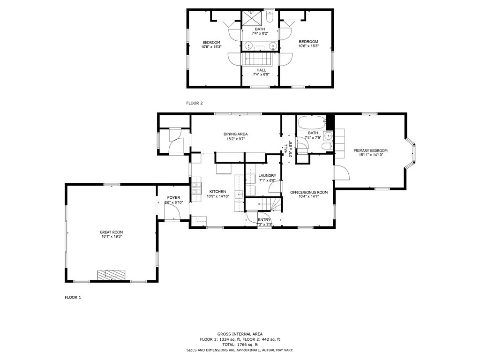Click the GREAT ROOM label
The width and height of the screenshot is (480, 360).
click(111, 232)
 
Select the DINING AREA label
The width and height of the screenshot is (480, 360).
click(235, 134)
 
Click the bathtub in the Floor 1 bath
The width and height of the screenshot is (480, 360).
click(312, 123)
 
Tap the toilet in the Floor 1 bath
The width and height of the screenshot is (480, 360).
click(327, 147)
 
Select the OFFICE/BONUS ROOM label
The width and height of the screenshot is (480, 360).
click(309, 193)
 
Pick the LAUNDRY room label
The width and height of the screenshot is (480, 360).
click(267, 176)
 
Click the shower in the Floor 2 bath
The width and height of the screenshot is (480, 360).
click(253, 19)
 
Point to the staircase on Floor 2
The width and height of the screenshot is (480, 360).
click(260, 59)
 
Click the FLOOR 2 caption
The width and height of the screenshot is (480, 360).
click(195, 103)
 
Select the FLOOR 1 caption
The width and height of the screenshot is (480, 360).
click(73, 297)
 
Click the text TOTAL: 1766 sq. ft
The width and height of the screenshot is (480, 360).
click(240, 345)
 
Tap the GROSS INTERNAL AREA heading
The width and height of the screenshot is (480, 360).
click(240, 334)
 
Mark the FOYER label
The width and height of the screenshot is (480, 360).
click(173, 198)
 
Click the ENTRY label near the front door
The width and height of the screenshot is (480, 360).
click(264, 219)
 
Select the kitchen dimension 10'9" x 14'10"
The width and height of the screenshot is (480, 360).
click(217, 196)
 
